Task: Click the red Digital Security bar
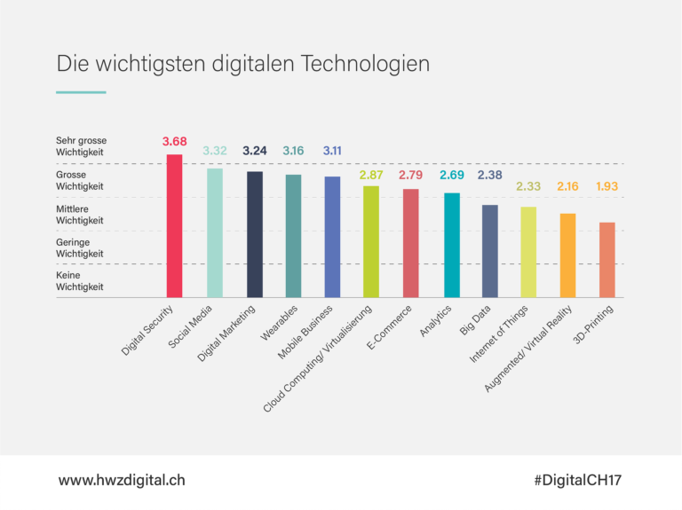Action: point(175,226)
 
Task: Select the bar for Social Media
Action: point(215,232)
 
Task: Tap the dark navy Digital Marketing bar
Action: point(254,234)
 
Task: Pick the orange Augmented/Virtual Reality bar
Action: point(567,255)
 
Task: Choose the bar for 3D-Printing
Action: point(607,260)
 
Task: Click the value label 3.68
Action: point(175,142)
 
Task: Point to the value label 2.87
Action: point(371,175)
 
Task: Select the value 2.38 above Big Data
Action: point(489,175)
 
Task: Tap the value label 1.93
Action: point(607,187)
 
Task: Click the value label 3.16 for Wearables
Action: point(293,151)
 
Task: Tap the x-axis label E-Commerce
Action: point(389,330)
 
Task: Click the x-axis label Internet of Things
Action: point(500,334)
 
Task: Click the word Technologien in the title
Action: point(366,65)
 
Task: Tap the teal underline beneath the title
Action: point(81,92)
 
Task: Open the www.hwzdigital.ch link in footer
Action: point(122,480)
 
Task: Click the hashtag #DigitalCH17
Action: point(578,480)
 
